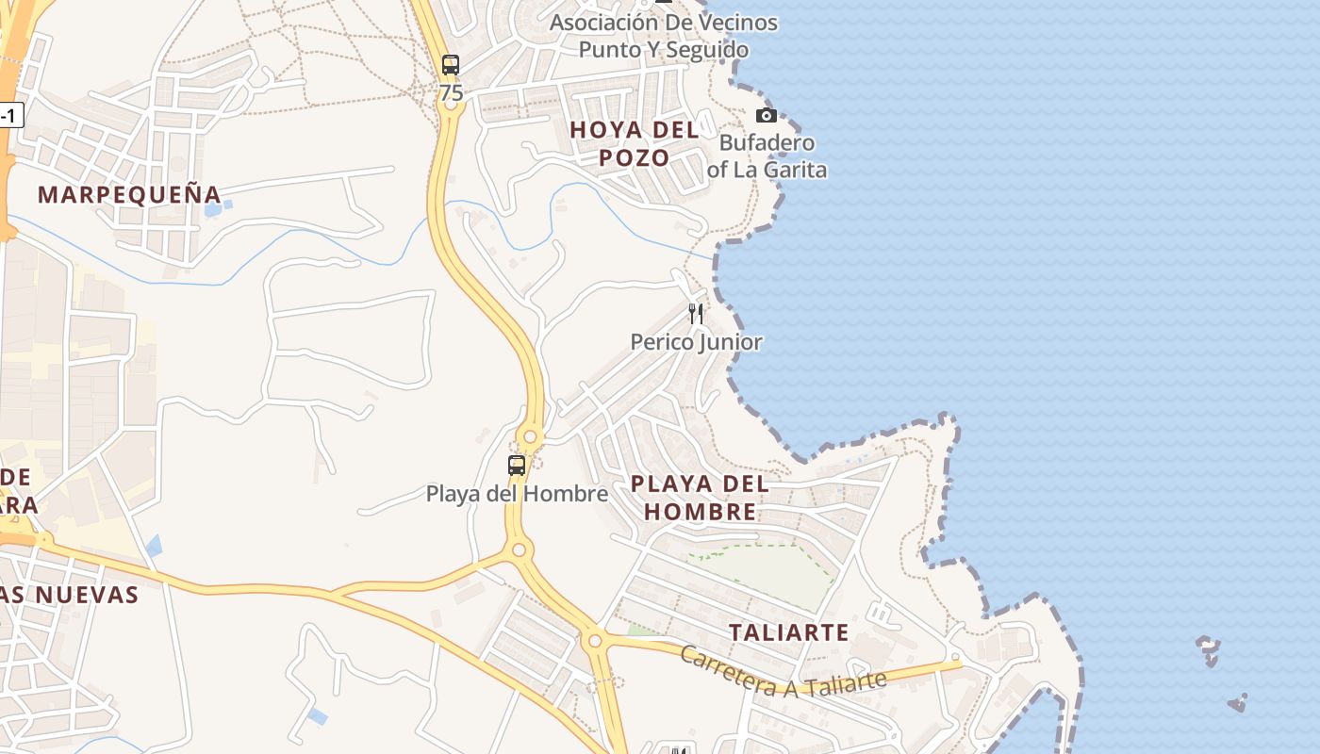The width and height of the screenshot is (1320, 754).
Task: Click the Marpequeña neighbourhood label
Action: [x=129, y=195]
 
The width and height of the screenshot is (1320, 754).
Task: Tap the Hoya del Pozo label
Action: [x=635, y=143]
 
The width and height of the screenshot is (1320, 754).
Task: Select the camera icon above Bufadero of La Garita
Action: [x=766, y=115]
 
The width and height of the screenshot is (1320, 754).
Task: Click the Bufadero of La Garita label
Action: [x=767, y=156]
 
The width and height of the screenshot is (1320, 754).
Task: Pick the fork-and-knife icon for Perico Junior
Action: [x=696, y=314]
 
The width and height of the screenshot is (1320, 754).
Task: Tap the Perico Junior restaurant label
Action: [x=696, y=342]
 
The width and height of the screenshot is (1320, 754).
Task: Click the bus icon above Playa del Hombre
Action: [x=517, y=465]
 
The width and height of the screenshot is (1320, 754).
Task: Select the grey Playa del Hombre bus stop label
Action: [x=517, y=493]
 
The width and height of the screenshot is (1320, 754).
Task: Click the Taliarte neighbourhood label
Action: [x=789, y=632]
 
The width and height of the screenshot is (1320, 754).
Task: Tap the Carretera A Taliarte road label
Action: [x=783, y=672]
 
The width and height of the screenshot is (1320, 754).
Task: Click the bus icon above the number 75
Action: [x=451, y=65]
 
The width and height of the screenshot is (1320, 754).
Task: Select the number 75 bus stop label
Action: [x=451, y=93]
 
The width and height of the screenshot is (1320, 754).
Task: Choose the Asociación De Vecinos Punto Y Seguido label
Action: [x=664, y=36]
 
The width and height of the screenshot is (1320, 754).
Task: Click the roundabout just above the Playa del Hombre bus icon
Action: [x=530, y=437]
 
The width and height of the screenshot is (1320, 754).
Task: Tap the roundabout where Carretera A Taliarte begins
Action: [x=594, y=642]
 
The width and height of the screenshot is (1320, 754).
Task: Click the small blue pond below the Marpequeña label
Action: [x=213, y=208]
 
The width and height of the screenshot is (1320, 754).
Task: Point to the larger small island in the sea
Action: [x=1208, y=648]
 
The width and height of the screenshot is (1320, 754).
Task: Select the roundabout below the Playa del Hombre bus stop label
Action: [x=518, y=549]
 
